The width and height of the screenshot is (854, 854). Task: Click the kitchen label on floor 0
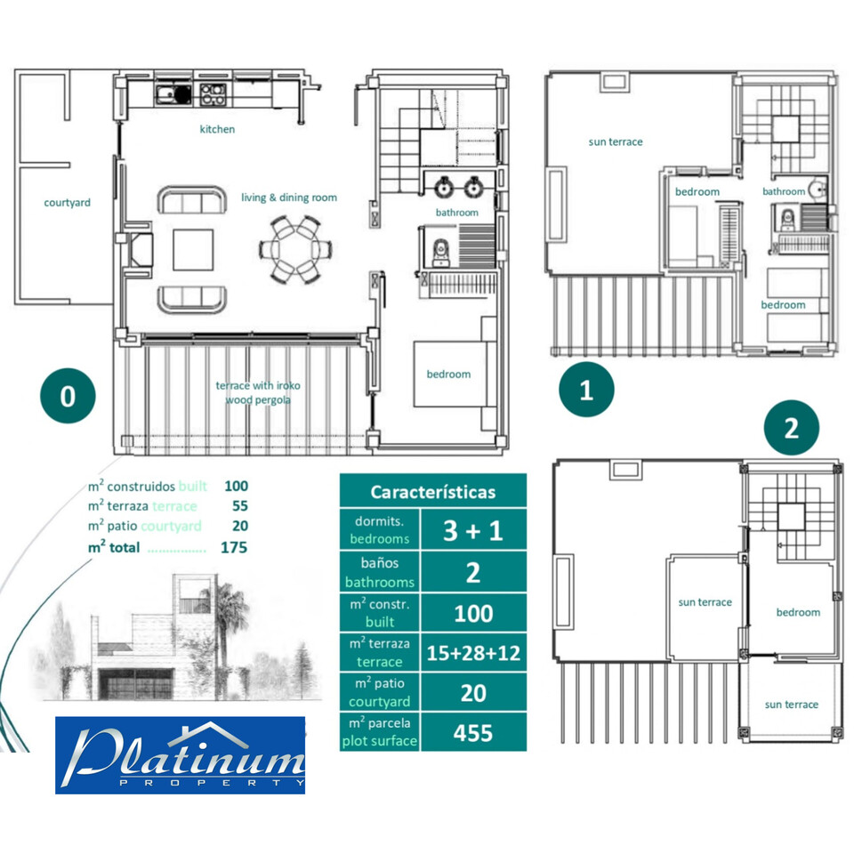(217, 130)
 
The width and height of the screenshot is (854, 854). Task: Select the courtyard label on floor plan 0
(68, 203)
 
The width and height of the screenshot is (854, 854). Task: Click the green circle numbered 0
(68, 397)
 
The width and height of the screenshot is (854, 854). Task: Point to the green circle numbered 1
(585, 391)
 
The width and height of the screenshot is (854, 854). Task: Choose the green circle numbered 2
(791, 429)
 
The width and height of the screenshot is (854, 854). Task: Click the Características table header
(432, 491)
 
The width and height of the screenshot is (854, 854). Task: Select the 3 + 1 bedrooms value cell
(472, 531)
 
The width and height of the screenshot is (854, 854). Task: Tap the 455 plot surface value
(472, 732)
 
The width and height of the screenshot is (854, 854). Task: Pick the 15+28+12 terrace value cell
(472, 653)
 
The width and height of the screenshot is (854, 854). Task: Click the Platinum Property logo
(180, 755)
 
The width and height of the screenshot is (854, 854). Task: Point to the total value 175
(234, 548)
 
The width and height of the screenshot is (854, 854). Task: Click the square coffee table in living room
(193, 249)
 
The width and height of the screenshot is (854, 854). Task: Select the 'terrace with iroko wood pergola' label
(254, 392)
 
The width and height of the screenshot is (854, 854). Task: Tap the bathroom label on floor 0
(456, 213)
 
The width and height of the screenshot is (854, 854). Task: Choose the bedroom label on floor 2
(798, 613)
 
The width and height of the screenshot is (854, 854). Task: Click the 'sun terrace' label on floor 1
(616, 142)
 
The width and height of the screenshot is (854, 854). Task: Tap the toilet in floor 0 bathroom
(438, 254)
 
